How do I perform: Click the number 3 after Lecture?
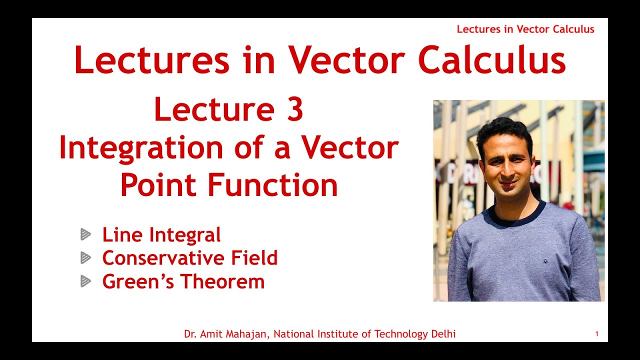point(294,110)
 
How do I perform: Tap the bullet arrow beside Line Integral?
point(86,234)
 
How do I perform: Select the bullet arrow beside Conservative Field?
point(86,258)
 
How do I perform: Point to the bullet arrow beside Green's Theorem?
point(86,281)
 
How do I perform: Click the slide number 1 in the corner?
point(596,334)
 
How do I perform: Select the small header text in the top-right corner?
point(525,29)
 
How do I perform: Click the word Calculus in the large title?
point(491,61)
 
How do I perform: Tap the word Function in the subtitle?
point(272,185)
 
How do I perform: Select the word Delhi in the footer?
point(443,334)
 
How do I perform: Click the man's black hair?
point(503,129)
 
